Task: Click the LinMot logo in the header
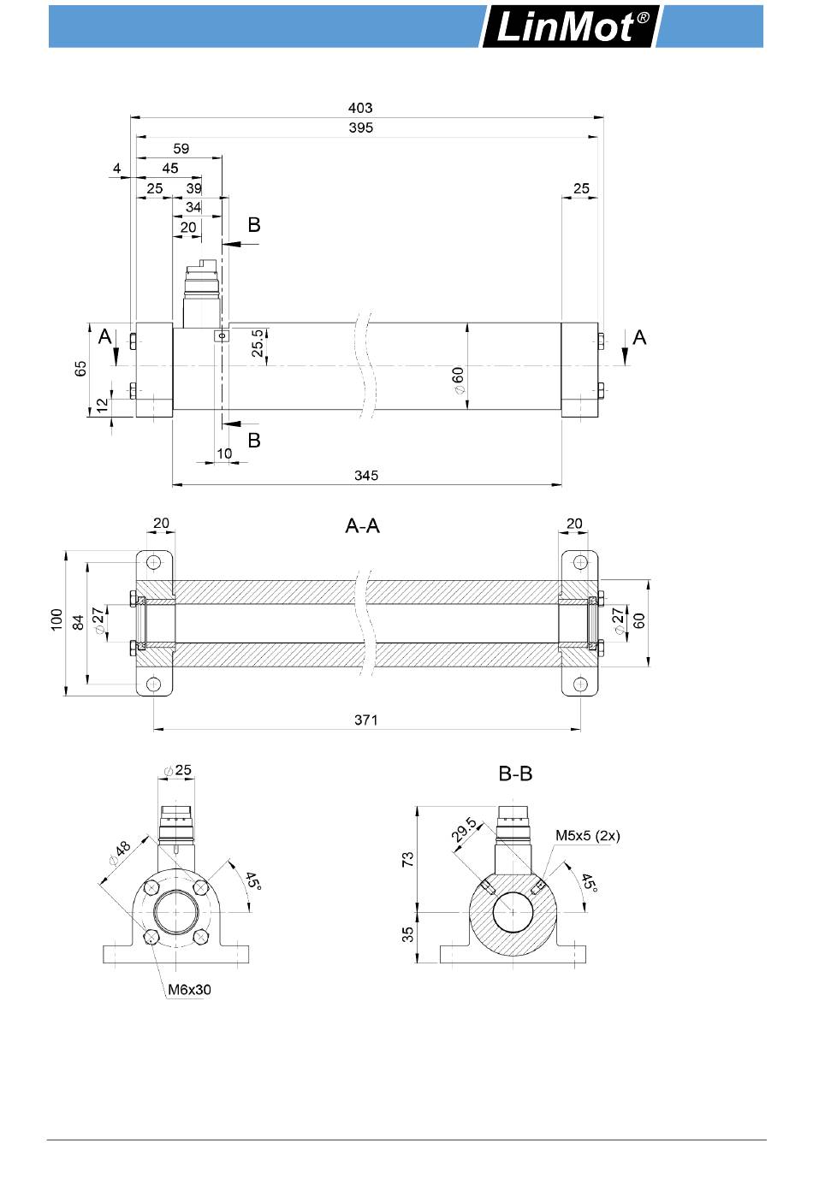(569, 27)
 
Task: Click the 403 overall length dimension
(360, 108)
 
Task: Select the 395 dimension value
(361, 127)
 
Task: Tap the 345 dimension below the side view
(365, 475)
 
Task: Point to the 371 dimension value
(365, 720)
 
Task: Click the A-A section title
(362, 526)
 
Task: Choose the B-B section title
(515, 773)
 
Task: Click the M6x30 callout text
(189, 990)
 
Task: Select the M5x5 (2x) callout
(588, 835)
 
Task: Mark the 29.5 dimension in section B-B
(465, 830)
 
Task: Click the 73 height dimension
(409, 859)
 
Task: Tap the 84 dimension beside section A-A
(79, 622)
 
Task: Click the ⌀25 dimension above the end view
(177, 770)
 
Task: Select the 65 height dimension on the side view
(80, 369)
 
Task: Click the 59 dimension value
(181, 148)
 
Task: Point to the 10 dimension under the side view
(224, 453)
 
